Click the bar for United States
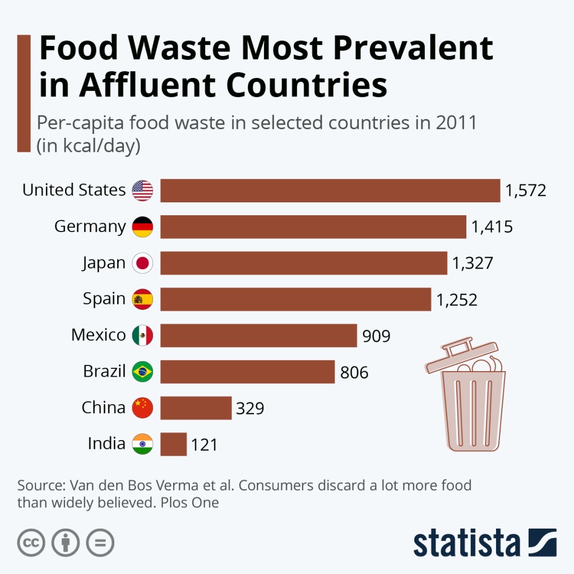tap(330, 191)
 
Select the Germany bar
tap(313, 227)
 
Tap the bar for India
tap(173, 444)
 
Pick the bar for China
tap(196, 408)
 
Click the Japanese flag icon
tap(142, 263)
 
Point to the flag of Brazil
tap(142, 371)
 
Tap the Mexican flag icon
tap(142, 335)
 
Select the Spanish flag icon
tap(142, 299)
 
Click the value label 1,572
tap(525, 191)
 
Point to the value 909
tap(376, 336)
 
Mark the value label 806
tap(354, 372)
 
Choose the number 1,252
tap(457, 300)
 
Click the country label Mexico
tap(99, 335)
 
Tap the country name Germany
tap(90, 227)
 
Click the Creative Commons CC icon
tap(31, 543)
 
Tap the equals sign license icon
tap(100, 543)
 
